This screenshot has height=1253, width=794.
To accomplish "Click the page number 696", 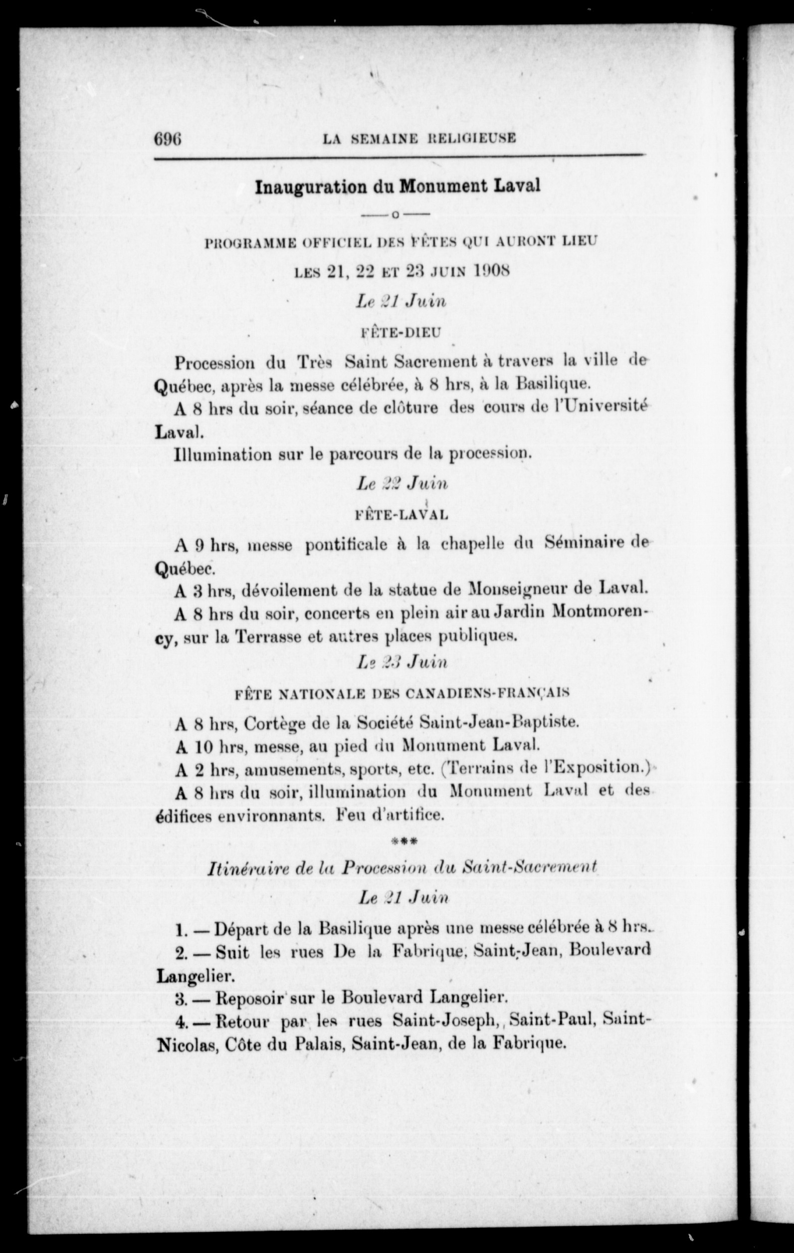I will click(x=167, y=139).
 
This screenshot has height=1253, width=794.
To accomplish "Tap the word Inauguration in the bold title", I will click(x=311, y=186).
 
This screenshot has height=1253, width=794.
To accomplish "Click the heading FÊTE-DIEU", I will click(x=400, y=332).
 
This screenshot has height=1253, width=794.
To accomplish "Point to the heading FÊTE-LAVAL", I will click(x=400, y=515).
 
